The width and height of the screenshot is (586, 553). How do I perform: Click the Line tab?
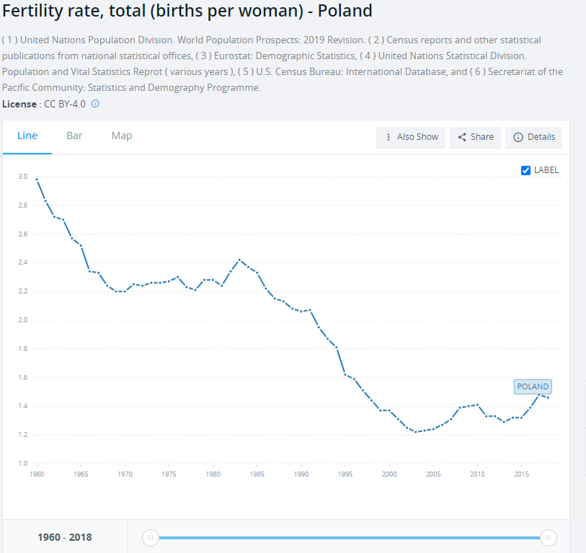tap(27, 136)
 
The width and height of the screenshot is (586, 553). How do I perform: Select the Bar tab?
tap(74, 136)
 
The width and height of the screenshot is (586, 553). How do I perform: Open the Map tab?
tap(122, 136)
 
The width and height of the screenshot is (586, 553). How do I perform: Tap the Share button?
tap(476, 137)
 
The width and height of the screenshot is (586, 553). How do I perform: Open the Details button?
tap(534, 137)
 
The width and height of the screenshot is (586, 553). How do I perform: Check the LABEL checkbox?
tap(525, 170)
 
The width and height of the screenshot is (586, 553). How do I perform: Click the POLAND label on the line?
tap(533, 386)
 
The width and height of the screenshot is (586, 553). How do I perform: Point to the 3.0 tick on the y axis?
tap(22, 177)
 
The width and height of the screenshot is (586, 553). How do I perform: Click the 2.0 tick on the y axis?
tap(22, 320)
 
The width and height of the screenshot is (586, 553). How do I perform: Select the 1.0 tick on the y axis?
tap(22, 464)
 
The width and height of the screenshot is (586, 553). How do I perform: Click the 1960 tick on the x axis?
tap(36, 474)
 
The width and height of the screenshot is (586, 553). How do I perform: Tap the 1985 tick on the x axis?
tap(257, 474)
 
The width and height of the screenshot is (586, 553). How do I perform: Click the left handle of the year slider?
tap(151, 537)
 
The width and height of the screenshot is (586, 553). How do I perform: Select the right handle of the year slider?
tap(549, 537)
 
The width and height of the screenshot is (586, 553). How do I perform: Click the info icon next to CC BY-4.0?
tap(95, 104)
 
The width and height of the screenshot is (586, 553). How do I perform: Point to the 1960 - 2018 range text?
tap(65, 537)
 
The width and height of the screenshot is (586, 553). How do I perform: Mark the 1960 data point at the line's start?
tap(36, 179)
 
